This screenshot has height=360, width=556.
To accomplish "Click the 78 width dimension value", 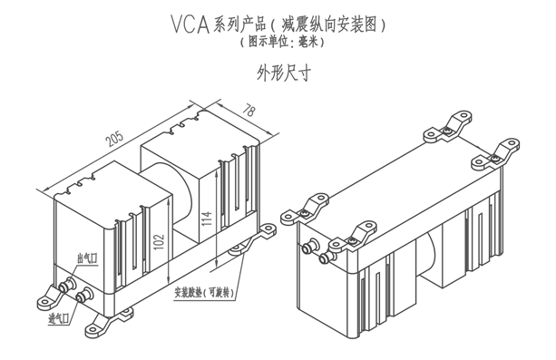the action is [249, 111].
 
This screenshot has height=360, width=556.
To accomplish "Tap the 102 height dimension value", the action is [160, 241].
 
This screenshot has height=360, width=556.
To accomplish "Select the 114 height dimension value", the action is [207, 219].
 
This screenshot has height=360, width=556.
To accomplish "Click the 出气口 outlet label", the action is [87, 258].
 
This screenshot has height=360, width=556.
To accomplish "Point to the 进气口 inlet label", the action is [59, 318].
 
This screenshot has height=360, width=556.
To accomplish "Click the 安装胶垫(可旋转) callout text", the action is [204, 293].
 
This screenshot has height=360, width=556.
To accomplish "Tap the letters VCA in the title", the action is [190, 24].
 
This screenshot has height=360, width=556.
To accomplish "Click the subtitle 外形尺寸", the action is [284, 73].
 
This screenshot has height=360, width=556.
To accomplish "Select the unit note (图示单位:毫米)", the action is [282, 43].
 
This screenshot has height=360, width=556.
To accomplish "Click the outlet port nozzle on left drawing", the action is [66, 286].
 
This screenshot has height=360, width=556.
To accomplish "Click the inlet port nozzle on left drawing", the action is [84, 296].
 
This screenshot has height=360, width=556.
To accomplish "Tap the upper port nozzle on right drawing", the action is [309, 247].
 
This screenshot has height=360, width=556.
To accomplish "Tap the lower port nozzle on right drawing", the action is [327, 257].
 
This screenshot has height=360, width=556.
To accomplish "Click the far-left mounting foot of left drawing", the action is [50, 297].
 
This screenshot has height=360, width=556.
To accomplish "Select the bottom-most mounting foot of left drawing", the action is [107, 323].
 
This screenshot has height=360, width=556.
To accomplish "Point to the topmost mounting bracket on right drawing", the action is [448, 127].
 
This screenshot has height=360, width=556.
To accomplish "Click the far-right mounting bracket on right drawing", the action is [496, 154].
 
